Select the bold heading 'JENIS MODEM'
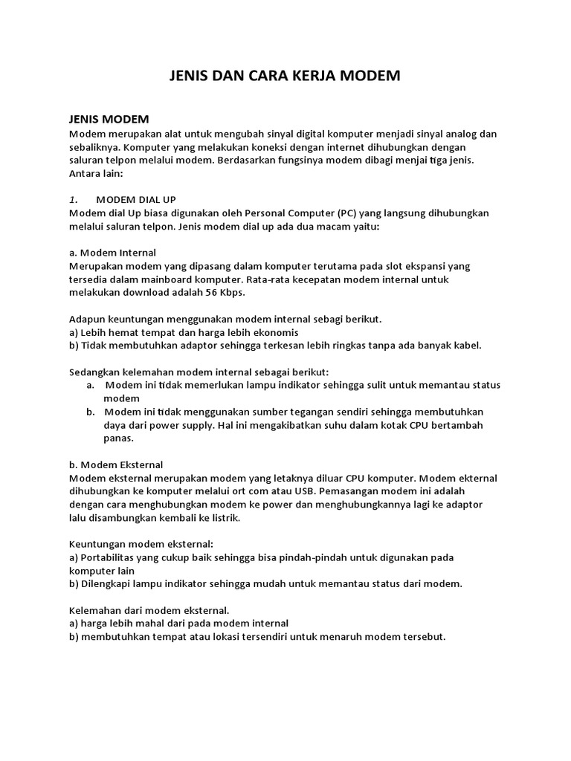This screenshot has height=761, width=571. tap(109, 119)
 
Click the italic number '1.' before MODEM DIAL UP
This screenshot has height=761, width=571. tap(73, 200)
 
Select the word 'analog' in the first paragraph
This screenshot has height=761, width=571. tap(457, 134)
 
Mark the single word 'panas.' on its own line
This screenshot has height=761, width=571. tap(118, 438)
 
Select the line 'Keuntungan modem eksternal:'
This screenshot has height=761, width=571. tap(141, 544)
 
